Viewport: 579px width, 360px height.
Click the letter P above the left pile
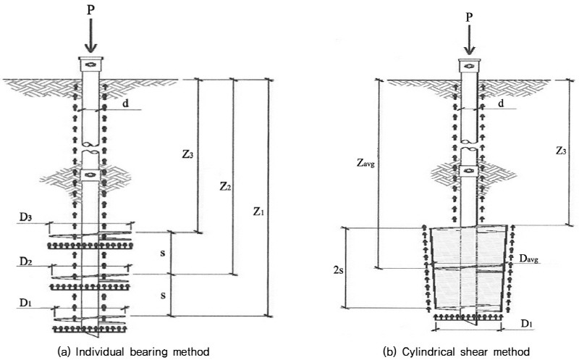[90, 12]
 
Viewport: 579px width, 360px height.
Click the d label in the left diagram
[126, 104]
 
